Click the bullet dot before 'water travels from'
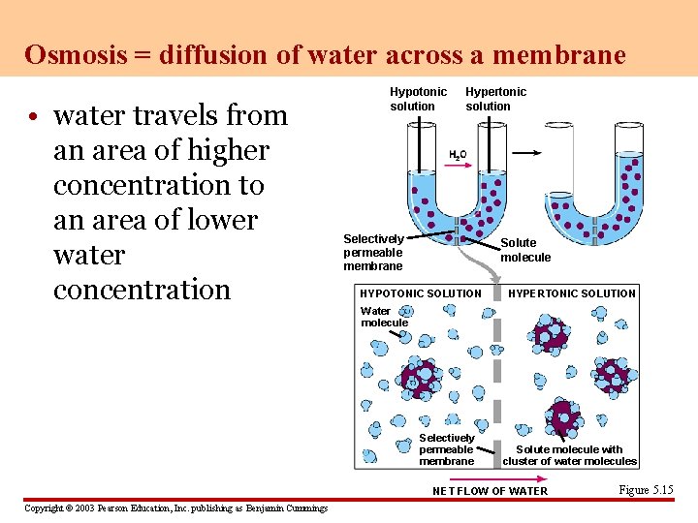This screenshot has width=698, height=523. pyautogui.click(x=34, y=117)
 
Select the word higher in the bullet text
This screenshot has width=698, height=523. pyautogui.click(x=221, y=150)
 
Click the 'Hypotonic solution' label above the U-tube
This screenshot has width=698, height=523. pyautogui.click(x=418, y=99)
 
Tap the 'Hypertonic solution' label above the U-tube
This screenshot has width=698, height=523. pyautogui.click(x=495, y=99)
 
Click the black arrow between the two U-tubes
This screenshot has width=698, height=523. pyautogui.click(x=526, y=153)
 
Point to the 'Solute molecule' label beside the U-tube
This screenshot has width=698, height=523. pyautogui.click(x=524, y=250)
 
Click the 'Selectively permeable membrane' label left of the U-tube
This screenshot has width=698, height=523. pyautogui.click(x=373, y=252)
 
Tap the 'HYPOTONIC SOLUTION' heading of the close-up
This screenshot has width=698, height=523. pyautogui.click(x=420, y=293)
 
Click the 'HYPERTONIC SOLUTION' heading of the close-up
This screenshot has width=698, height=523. pyautogui.click(x=572, y=293)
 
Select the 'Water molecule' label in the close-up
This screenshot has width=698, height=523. pyautogui.click(x=384, y=317)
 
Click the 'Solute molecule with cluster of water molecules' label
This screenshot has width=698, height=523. pyautogui.click(x=569, y=455)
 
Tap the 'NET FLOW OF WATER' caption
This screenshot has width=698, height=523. pyautogui.click(x=490, y=491)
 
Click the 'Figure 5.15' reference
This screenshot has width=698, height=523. pyautogui.click(x=645, y=490)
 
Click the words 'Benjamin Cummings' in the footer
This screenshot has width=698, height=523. pyautogui.click(x=291, y=508)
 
